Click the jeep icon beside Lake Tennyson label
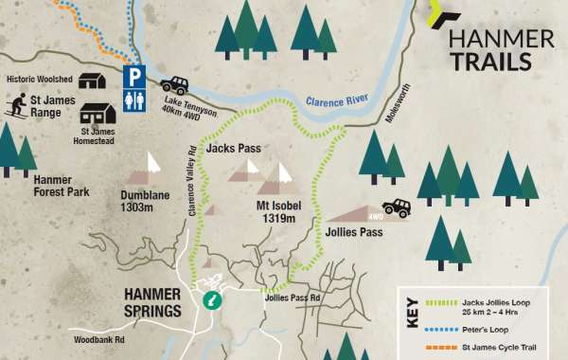[x=174, y=84]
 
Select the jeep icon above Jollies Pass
[x=396, y=207]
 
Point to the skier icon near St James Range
[x=16, y=105]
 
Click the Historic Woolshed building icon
[x=92, y=80]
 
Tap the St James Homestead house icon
[x=98, y=113]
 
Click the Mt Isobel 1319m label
[x=283, y=211]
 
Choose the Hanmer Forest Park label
[x=61, y=185]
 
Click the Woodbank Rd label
[x=99, y=339]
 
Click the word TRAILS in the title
[x=489, y=62]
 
